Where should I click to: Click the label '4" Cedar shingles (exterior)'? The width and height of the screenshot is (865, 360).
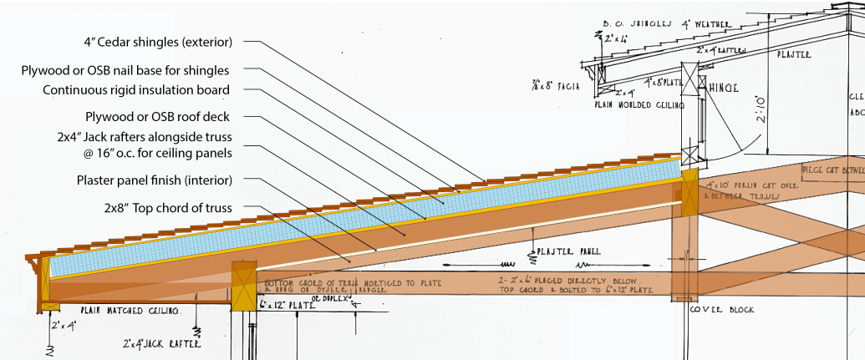point(158,41)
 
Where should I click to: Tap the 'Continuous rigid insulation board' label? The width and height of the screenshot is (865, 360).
point(136,90)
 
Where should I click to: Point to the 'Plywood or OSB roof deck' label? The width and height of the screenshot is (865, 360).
point(157,116)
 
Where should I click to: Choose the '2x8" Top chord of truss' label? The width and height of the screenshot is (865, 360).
point(166,207)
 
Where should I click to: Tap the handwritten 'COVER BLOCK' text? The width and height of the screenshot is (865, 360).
point(722,310)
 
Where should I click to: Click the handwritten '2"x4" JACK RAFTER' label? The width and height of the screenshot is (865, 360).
point(161,342)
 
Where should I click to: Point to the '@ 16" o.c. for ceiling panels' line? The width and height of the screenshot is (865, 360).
point(155,152)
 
